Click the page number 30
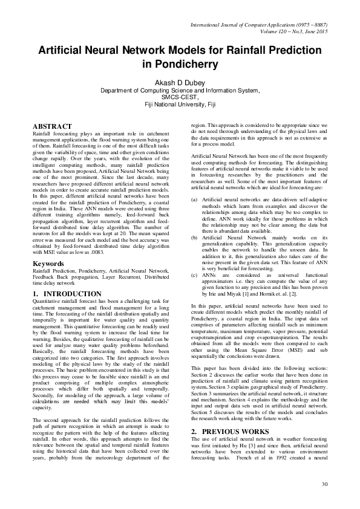[x=324, y=484]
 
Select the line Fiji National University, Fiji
[x=180, y=104]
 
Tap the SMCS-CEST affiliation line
[x=180, y=97]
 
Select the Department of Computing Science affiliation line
[x=180, y=90]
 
